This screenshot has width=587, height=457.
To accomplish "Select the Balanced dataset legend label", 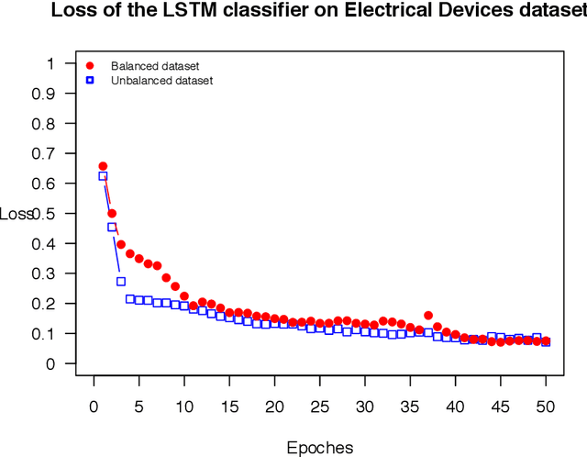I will click(155, 66).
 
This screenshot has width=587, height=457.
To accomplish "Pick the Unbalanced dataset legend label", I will click(161, 81).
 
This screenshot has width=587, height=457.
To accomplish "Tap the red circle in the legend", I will click(90, 66).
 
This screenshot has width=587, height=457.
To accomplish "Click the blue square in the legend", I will click(90, 81).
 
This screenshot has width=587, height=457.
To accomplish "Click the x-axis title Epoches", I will click(320, 448).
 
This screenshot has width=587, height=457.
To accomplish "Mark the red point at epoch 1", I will click(103, 166).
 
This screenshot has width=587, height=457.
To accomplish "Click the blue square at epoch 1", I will click(103, 176).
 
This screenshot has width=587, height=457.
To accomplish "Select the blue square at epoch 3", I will click(120, 282).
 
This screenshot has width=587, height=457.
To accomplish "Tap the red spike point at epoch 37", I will click(428, 316).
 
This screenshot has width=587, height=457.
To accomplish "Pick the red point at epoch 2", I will click(112, 213).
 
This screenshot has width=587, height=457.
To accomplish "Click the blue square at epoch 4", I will click(130, 299).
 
